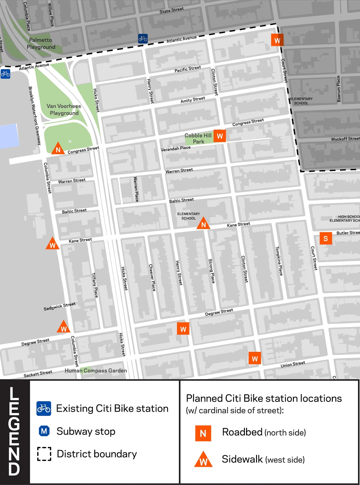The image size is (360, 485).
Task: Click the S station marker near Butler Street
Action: coord(326,239)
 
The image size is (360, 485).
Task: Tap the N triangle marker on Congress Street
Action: coord(58,149)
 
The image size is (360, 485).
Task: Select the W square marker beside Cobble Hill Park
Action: coord(220,136)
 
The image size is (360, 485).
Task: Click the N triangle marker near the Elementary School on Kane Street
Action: coord(203,224)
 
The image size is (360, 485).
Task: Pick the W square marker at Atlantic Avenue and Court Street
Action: coord(277,40)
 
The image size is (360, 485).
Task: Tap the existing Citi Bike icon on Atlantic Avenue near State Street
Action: coord(143,38)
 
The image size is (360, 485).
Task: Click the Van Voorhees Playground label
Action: coord(64,109)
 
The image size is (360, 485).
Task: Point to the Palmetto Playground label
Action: coord(41,43)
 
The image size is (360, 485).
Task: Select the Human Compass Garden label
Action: coord(96,370)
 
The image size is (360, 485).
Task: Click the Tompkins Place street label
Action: coord(279,261)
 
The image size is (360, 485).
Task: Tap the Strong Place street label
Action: coord(212,271)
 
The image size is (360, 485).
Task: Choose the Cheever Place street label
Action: coord(152,277)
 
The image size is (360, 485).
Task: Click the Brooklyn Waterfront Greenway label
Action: coord(35,115)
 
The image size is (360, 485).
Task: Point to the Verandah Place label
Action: coord(175,148)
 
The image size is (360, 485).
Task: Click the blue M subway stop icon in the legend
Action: coord(44,431)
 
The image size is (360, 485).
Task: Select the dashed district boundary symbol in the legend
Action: coord(44,454)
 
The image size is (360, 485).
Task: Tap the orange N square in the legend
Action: coord(203,433)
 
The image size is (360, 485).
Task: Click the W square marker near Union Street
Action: coord(255,359)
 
